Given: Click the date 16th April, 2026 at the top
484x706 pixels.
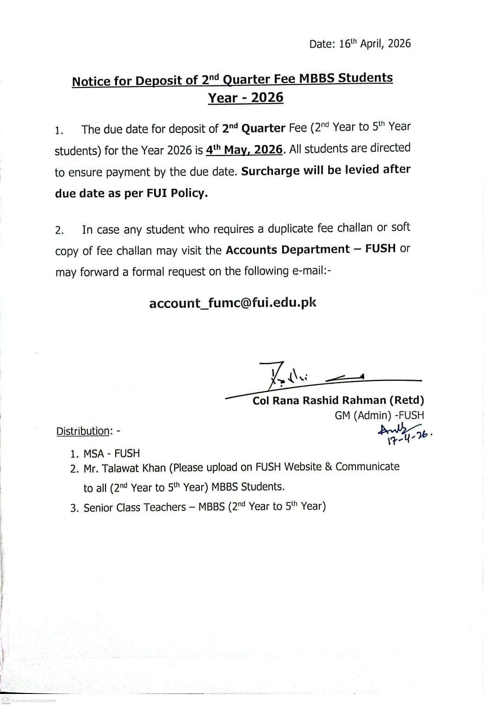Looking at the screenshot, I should click(374, 43).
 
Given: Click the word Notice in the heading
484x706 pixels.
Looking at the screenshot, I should click(91, 81).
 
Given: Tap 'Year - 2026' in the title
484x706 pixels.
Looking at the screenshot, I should click(245, 98).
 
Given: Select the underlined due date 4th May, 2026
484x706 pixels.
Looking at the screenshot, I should click(244, 150).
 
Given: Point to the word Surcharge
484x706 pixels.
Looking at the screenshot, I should click(271, 171).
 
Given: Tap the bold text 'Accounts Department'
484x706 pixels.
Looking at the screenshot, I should click(287, 249).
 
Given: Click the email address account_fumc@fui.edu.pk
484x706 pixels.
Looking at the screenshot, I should click(233, 303).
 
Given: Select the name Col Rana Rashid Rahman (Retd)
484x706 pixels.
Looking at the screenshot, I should click(338, 400).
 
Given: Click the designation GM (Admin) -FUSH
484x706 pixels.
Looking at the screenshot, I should click(379, 415).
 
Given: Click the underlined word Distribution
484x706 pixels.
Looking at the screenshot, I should click(83, 431).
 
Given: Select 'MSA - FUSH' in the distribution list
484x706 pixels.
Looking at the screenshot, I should click(112, 453).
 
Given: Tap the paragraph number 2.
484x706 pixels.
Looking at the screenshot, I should click(59, 230).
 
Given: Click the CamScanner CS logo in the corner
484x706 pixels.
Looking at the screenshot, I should click(6, 699).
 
